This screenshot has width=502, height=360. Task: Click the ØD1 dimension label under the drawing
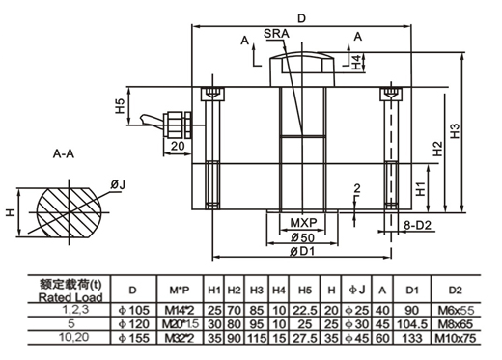(301, 253)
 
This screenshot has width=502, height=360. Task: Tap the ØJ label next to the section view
(119, 183)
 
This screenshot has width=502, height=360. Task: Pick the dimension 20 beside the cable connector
(178, 146)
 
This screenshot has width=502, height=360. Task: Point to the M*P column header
(178, 290)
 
